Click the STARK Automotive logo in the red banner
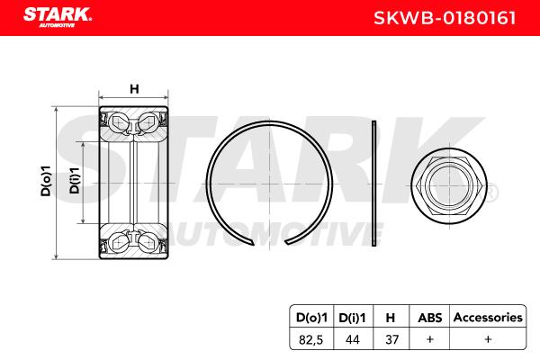point(58,17)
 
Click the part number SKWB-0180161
point(445,18)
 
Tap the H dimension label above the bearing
point(134,89)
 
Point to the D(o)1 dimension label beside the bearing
point(46,182)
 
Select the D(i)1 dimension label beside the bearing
point(75,181)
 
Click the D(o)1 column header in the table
point(311,318)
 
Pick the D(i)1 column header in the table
point(352,318)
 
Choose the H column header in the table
point(391,318)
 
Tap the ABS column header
point(429,318)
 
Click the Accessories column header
point(488,317)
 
